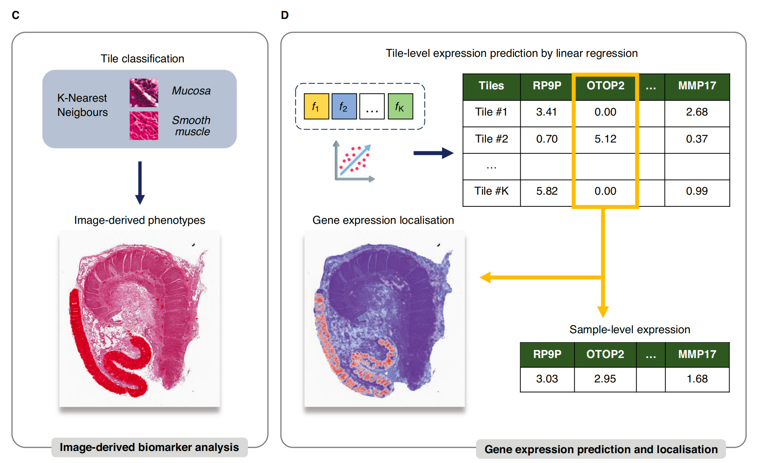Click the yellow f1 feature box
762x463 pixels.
[x=316, y=106]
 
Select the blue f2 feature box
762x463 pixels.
[x=344, y=106]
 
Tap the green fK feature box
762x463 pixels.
[x=400, y=106]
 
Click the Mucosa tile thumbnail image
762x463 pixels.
[x=144, y=93]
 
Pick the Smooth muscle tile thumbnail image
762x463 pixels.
[x=144, y=126]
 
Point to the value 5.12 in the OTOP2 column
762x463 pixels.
[x=605, y=139]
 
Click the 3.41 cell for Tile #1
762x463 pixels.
[x=546, y=112]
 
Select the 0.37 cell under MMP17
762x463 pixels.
[x=697, y=139]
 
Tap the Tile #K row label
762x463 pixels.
[x=491, y=191]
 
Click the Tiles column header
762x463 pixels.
[x=491, y=86]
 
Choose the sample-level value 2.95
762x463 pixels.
[x=605, y=379]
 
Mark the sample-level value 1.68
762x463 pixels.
[x=697, y=379]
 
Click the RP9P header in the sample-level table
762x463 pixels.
[x=547, y=354]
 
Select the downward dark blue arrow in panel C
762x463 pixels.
[x=140, y=183]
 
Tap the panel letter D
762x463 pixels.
[x=285, y=15]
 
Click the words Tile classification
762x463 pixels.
[x=142, y=59]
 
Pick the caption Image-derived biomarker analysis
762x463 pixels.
[x=149, y=447]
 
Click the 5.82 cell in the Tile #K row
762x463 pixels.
[x=547, y=191]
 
